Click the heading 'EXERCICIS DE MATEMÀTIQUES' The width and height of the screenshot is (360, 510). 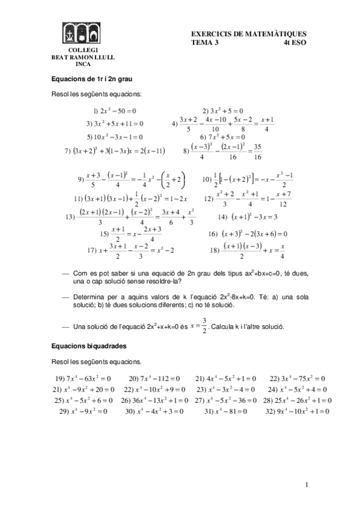[x=248, y=35]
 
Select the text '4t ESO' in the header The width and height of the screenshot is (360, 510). [x=294, y=43]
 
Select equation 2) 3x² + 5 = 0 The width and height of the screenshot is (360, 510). [x=222, y=111]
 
